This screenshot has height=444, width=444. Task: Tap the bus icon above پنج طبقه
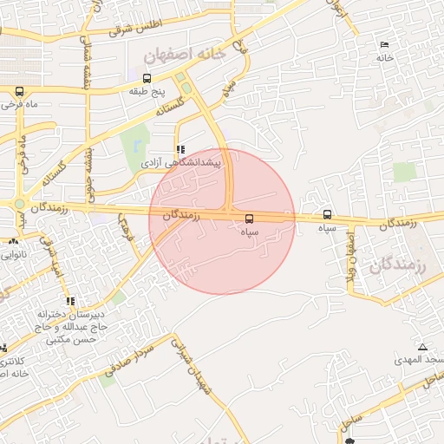(x=147, y=79)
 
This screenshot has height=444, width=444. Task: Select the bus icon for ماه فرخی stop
(x=19, y=91)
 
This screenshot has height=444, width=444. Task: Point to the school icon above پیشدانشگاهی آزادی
(x=180, y=149)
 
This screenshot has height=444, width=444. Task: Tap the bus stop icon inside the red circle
(x=250, y=219)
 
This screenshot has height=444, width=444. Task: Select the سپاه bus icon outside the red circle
(x=327, y=214)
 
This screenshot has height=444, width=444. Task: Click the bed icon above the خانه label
(x=384, y=45)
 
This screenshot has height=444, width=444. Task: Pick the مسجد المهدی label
(x=418, y=359)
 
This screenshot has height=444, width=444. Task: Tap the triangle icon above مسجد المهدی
(x=422, y=347)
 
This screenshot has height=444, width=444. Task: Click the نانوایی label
(x=15, y=255)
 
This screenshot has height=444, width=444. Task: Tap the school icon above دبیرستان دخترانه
(x=69, y=301)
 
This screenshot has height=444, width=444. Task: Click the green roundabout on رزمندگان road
(x=19, y=204)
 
